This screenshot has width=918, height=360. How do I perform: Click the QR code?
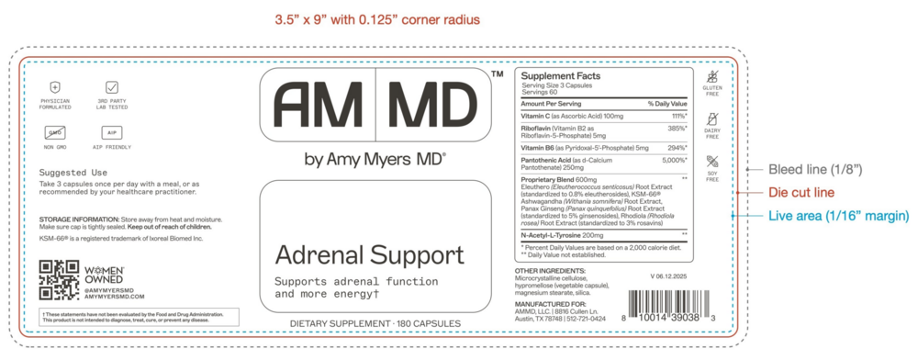point(59,281)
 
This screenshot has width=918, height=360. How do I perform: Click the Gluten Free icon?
point(711,78)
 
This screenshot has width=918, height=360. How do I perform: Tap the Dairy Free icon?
point(711,120)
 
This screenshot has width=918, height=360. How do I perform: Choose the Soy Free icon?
point(711,163)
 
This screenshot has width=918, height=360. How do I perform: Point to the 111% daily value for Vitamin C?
point(679,117)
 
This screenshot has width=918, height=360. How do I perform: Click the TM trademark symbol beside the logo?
point(497,73)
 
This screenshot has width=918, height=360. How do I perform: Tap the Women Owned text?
point(104,274)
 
